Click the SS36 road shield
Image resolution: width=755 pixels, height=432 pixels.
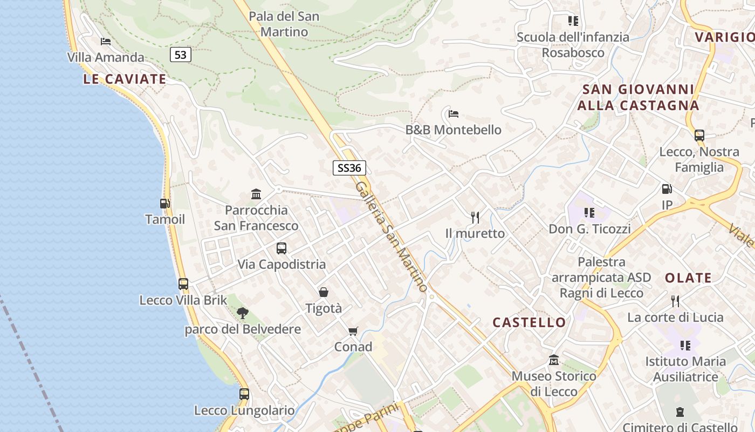click(348, 168)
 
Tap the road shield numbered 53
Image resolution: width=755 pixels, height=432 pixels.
click(181, 55)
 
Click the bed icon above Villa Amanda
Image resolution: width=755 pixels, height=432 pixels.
click(106, 41)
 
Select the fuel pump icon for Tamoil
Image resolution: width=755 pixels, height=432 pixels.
click(165, 204)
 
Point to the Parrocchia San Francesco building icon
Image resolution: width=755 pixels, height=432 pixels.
click(256, 194)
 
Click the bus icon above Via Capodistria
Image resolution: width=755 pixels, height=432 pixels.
click(282, 248)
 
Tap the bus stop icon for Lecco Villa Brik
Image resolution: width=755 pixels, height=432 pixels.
click(183, 284)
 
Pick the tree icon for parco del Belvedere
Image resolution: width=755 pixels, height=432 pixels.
click(242, 313)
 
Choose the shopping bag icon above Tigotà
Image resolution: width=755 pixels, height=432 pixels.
click(324, 292)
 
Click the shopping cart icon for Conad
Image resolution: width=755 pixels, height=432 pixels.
click(353, 331)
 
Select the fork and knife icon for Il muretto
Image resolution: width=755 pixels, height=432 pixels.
click(475, 217)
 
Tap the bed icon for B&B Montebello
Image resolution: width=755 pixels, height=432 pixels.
click(454, 114)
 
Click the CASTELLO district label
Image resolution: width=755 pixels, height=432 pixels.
click(529, 323)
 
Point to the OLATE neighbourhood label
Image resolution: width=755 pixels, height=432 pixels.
click(688, 278)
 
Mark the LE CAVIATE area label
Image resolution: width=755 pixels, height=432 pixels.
click(125, 79)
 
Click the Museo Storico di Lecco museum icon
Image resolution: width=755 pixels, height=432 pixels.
click(554, 360)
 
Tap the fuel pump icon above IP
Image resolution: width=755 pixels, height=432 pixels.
click(667, 189)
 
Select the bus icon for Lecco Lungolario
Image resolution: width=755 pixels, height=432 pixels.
click(244, 394)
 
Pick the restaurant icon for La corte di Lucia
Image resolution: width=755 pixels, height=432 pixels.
click(675, 301)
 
